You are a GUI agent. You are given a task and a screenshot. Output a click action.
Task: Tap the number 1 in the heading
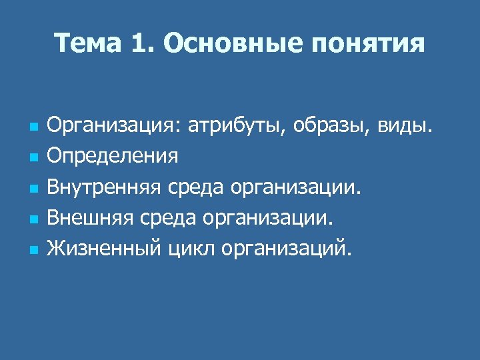pos(139,44)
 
